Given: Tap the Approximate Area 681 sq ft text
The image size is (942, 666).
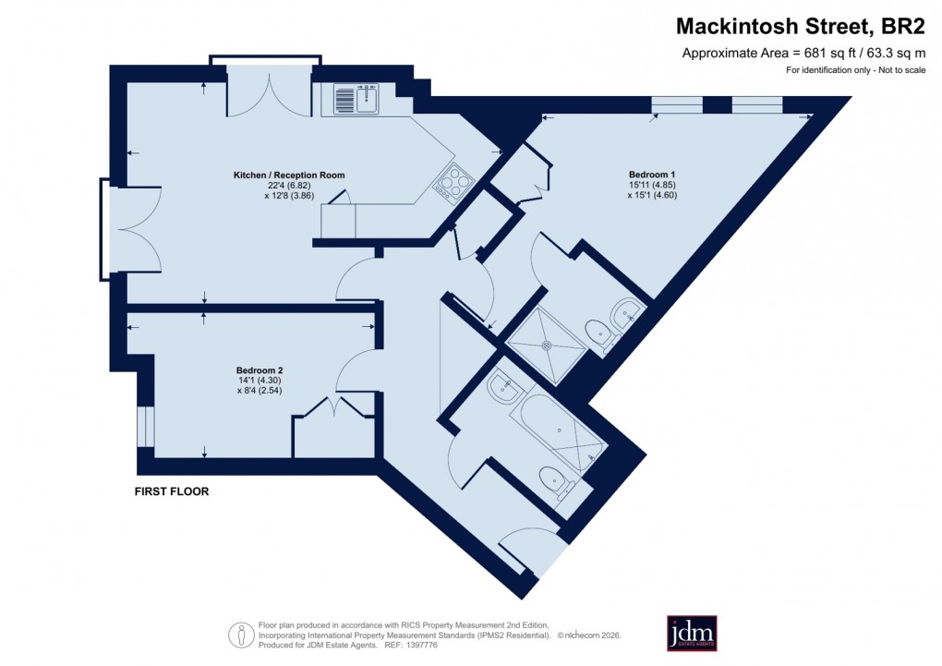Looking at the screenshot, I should pyautogui.click(x=800, y=53).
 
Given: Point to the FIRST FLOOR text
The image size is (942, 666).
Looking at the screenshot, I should pyautogui.click(x=172, y=491).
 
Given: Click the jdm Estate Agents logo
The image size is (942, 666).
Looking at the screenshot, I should pyautogui.click(x=692, y=633).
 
